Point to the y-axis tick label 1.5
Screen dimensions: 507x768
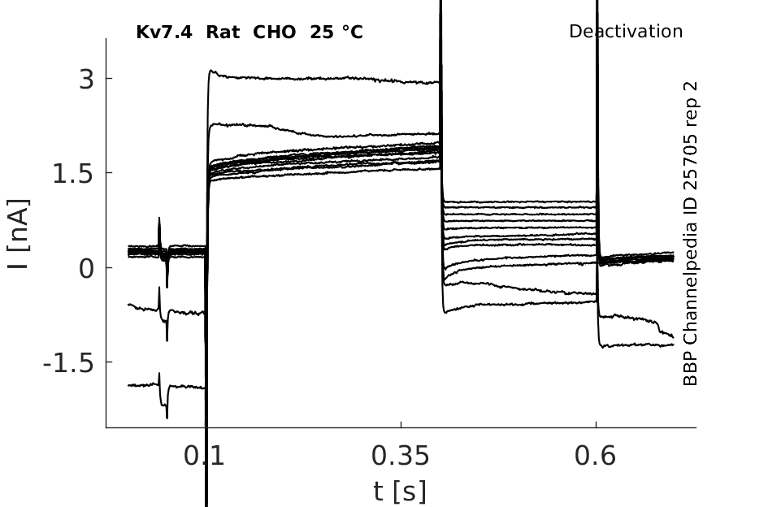(x=72, y=173)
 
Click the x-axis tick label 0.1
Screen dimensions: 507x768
(x=204, y=457)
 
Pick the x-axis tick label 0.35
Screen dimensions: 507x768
(x=401, y=457)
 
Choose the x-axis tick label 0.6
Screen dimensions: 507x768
(x=595, y=457)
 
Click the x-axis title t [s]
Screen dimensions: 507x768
(x=400, y=490)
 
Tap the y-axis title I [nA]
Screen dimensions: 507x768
(x=18, y=234)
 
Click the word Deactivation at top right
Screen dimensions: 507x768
(x=626, y=32)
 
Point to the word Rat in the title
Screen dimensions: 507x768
(x=223, y=32)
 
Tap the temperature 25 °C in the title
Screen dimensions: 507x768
(x=336, y=32)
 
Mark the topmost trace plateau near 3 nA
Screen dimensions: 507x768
(x=325, y=80)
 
